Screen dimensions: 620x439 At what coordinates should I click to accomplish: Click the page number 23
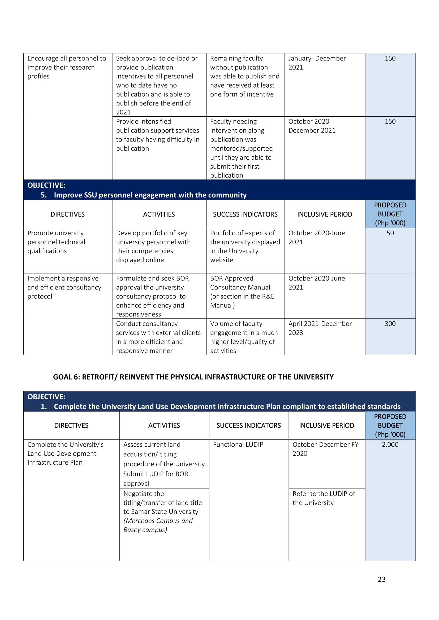click(x=381, y=579)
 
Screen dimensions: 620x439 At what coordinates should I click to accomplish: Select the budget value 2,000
click(x=390, y=445)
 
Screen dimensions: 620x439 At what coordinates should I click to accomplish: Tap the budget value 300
click(x=390, y=323)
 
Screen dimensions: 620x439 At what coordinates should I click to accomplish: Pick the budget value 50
click(x=390, y=233)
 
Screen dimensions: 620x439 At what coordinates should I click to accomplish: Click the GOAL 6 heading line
click(x=193, y=377)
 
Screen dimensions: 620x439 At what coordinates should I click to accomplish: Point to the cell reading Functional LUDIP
click(x=238, y=445)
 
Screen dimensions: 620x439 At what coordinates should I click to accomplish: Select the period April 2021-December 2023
click(x=320, y=328)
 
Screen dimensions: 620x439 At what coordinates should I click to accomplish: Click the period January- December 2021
click(x=317, y=63)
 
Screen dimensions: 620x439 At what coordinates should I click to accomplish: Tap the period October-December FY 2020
click(x=325, y=449)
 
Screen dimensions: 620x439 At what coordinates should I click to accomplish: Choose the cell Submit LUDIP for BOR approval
click(x=156, y=479)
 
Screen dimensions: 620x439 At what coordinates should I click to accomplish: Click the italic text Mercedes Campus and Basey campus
click(x=158, y=525)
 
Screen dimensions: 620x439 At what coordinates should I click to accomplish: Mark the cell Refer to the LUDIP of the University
click(x=324, y=498)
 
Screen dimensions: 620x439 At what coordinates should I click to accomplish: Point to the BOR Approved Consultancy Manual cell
click(x=242, y=292)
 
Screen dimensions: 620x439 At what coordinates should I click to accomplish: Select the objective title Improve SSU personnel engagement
click(x=150, y=195)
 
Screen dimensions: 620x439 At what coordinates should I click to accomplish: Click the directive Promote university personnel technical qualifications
click(x=56, y=242)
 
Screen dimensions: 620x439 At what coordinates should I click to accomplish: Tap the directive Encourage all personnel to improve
click(x=67, y=67)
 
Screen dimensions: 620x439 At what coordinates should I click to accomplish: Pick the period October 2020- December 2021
click(x=312, y=126)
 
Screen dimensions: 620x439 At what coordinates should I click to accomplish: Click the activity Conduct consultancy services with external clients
click(x=158, y=337)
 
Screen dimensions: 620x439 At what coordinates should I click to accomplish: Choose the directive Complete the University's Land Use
click(x=65, y=453)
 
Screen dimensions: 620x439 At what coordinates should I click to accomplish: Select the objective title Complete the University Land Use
click(x=227, y=406)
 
